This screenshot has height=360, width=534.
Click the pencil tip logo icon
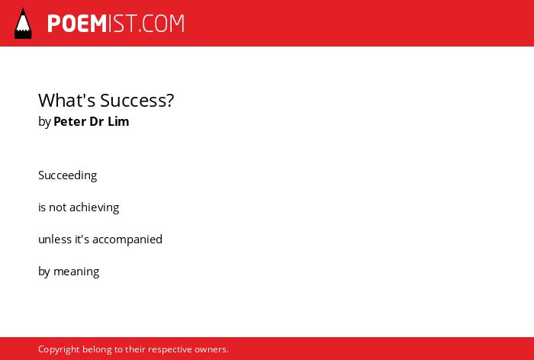pyautogui.click(x=23, y=23)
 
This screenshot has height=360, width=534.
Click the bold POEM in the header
pyautogui.click(x=77, y=24)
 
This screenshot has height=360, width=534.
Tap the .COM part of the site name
pyautogui.click(x=162, y=24)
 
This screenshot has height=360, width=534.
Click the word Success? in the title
pyautogui.click(x=137, y=100)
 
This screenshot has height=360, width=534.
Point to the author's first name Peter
pyautogui.click(x=70, y=121)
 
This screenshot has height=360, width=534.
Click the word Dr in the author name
pyautogui.click(x=97, y=121)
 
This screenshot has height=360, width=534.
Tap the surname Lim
pyautogui.click(x=118, y=121)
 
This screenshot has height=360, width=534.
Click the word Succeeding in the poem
pyautogui.click(x=68, y=175)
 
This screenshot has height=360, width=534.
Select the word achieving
pyautogui.click(x=95, y=207)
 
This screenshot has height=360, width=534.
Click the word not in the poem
pyautogui.click(x=57, y=207)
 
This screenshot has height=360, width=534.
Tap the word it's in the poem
pyautogui.click(x=82, y=239)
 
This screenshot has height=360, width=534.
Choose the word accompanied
pyautogui.click(x=127, y=239)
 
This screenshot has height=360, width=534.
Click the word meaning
pyautogui.click(x=76, y=272)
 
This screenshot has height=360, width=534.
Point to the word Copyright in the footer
pyautogui.click(x=59, y=349)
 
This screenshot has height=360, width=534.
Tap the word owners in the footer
pyautogui.click(x=211, y=349)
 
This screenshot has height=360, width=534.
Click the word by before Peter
pyautogui.click(x=44, y=122)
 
